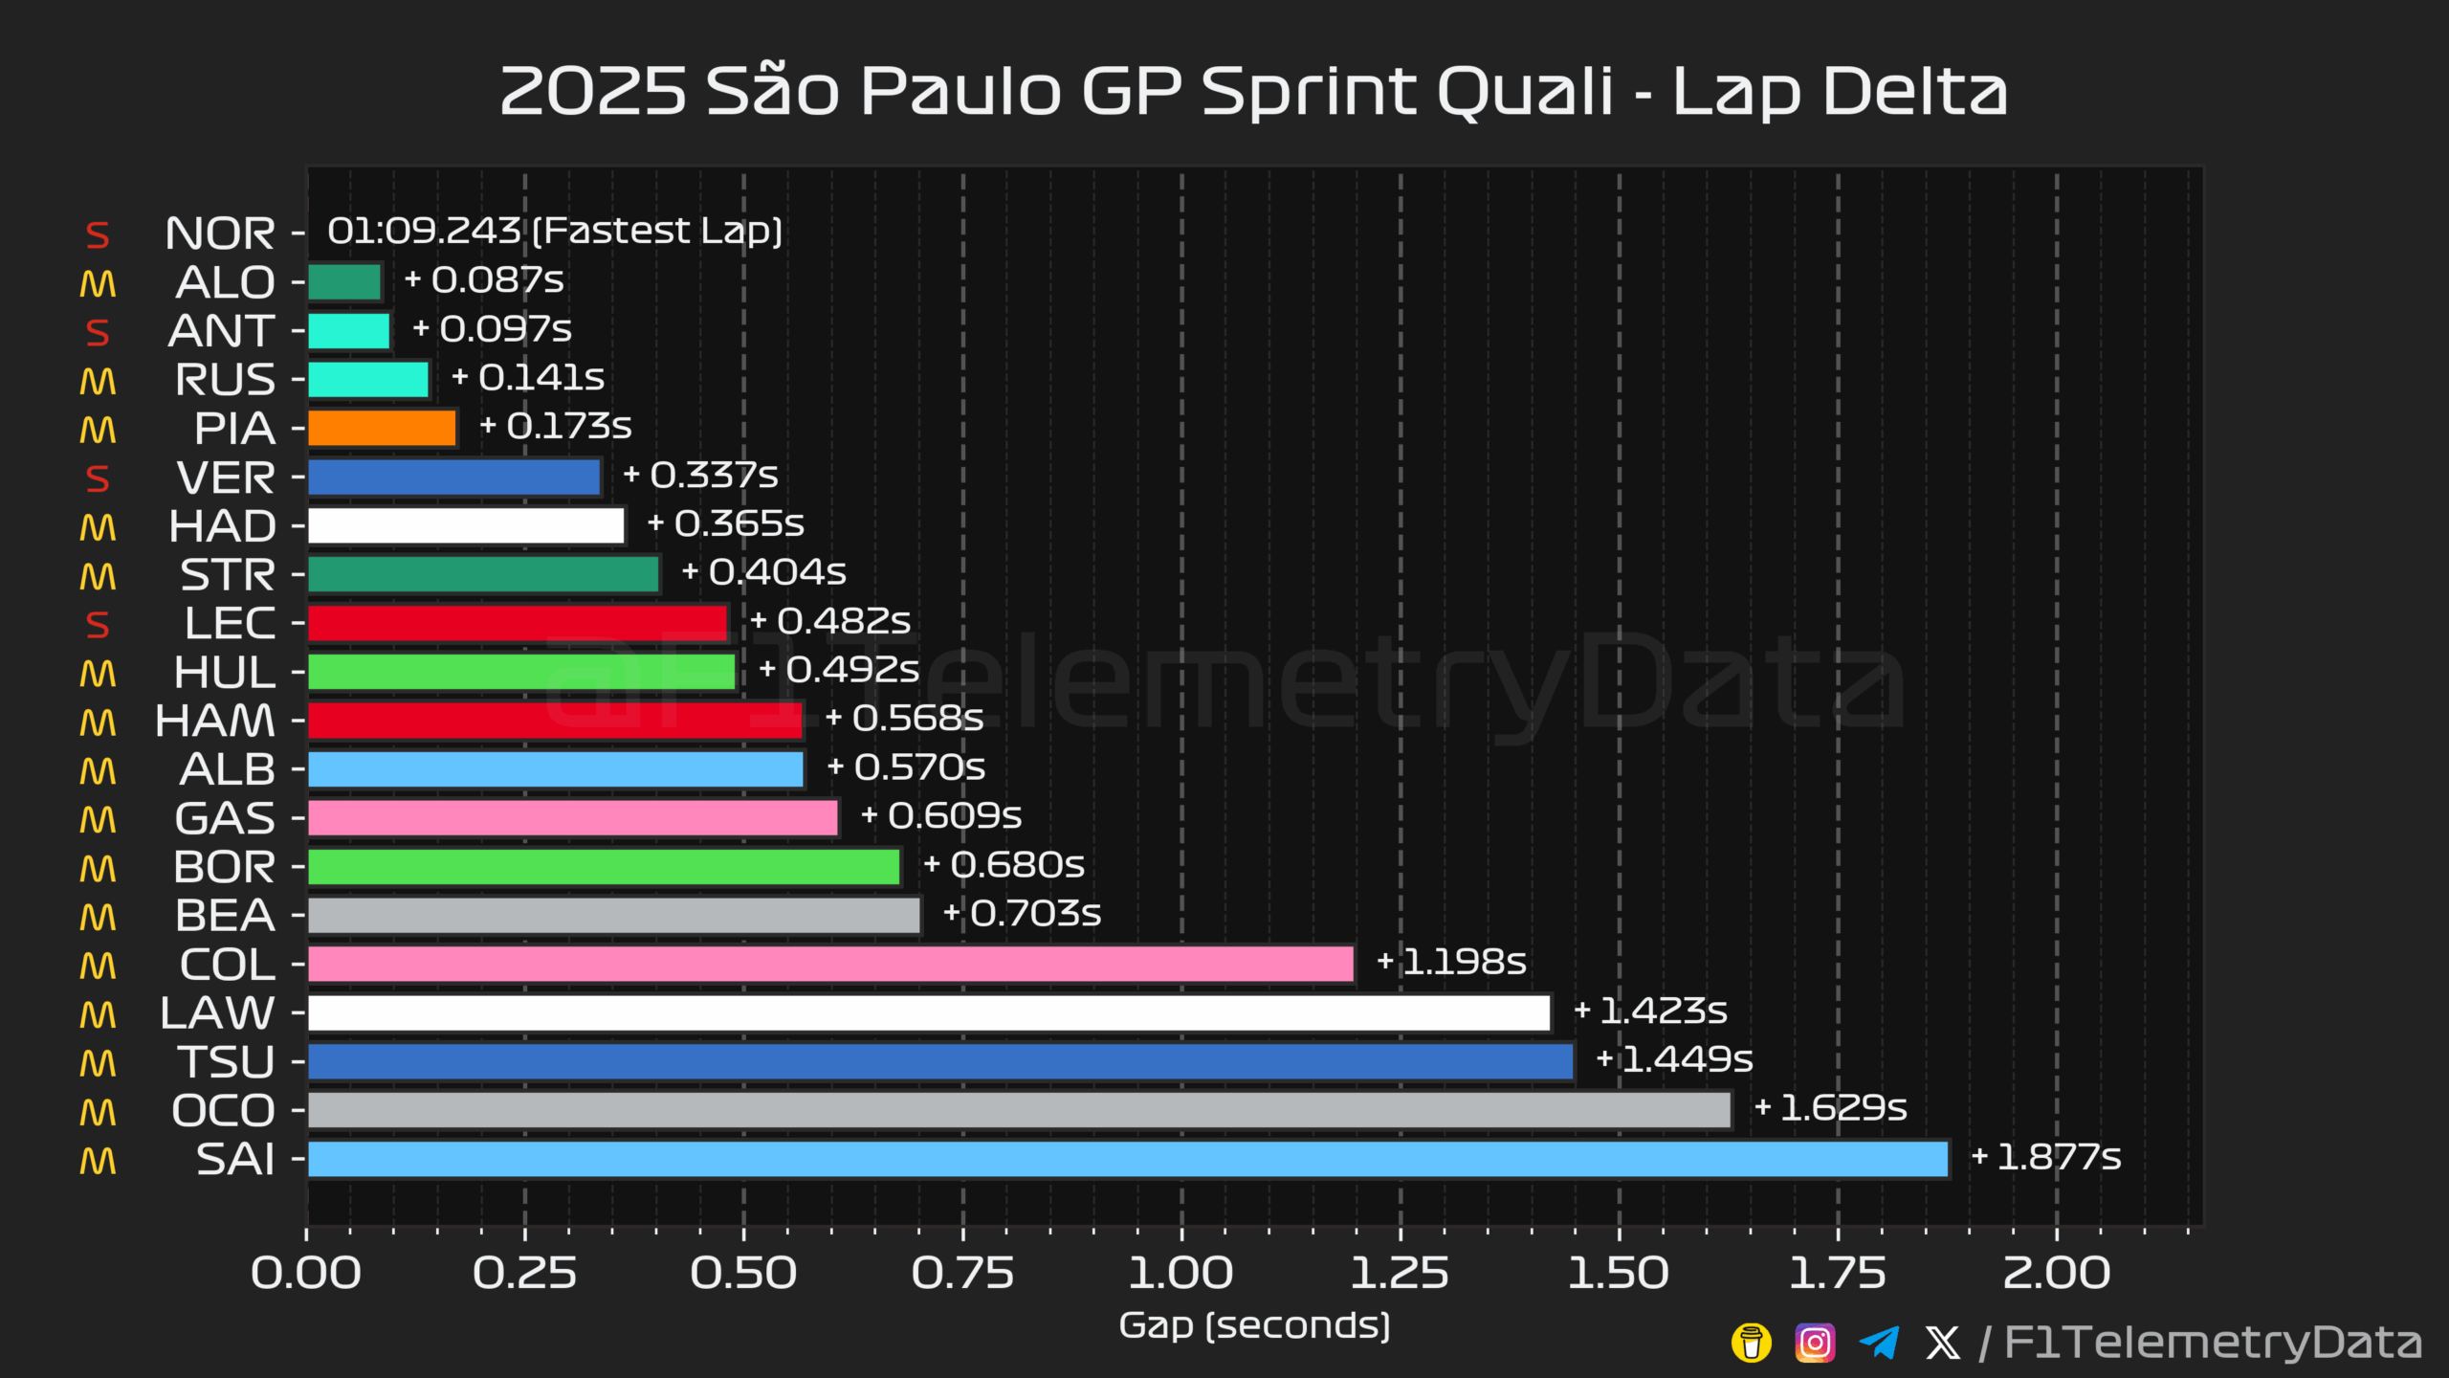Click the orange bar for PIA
(x=382, y=428)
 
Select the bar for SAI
(x=1127, y=1159)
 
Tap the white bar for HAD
(x=466, y=525)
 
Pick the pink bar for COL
(x=830, y=964)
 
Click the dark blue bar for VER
(x=453, y=477)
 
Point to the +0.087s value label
(x=484, y=280)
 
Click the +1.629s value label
(x=1831, y=1108)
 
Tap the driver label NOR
(x=220, y=233)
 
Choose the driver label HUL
(x=225, y=672)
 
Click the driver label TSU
(x=227, y=1062)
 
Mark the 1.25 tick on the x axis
(x=1400, y=1273)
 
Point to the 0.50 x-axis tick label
(x=743, y=1273)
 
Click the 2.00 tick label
(x=2057, y=1273)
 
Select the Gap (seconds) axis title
(x=1254, y=1325)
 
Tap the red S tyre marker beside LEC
(x=98, y=625)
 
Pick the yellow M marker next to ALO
(x=98, y=284)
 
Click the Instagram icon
(x=1815, y=1343)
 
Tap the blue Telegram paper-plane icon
(x=1879, y=1343)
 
